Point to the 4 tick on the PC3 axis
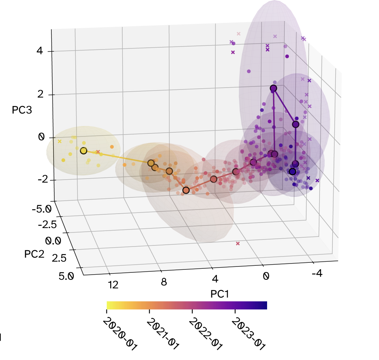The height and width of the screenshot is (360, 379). (x=40, y=51)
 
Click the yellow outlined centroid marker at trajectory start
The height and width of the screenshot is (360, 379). (x=83, y=151)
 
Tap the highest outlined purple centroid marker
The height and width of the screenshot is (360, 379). (x=273, y=88)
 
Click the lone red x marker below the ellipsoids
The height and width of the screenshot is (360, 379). (x=238, y=244)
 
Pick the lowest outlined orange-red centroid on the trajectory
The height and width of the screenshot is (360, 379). (x=186, y=190)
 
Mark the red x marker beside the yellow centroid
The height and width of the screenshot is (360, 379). (x=98, y=152)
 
